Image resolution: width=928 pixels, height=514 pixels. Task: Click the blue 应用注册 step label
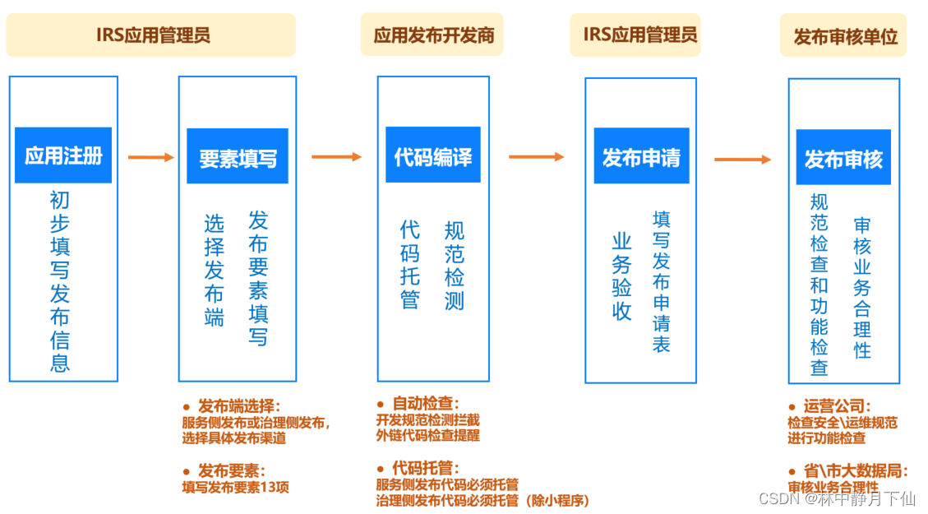(63, 155)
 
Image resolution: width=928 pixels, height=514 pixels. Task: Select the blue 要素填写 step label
(238, 158)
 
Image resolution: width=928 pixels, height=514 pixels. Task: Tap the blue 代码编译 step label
(433, 156)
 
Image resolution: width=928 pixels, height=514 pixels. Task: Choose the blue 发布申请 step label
(641, 157)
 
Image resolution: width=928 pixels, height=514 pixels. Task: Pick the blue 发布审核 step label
(843, 158)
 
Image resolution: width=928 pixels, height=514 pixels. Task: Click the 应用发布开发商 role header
(432, 35)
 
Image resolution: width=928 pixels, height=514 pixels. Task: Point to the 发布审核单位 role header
(844, 37)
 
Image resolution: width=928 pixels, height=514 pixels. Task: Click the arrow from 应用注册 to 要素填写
(151, 157)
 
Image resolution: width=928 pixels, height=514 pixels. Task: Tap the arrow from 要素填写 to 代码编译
(336, 156)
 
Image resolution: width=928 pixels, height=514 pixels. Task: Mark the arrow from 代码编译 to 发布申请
(537, 156)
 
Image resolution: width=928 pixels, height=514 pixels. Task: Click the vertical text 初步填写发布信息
(60, 281)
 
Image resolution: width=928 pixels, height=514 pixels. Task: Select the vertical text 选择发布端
(214, 271)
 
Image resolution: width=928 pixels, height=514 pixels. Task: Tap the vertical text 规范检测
(454, 265)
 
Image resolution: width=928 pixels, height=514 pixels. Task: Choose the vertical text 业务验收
(621, 276)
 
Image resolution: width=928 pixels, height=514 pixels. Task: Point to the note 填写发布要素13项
(235, 487)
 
